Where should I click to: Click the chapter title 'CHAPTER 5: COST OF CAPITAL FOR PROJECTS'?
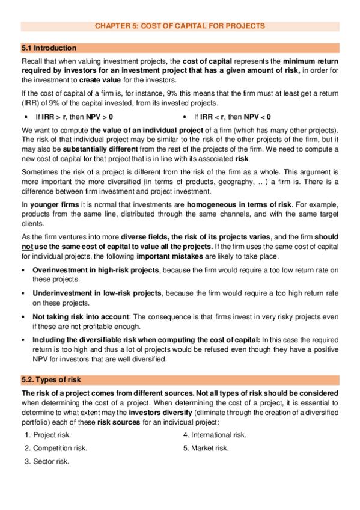coord(180,26)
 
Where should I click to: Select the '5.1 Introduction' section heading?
coord(49,48)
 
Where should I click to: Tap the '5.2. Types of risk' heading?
coord(52,380)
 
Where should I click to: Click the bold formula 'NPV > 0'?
coord(99,117)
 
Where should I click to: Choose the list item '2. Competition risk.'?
coord(56,448)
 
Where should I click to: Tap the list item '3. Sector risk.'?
coord(47,461)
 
